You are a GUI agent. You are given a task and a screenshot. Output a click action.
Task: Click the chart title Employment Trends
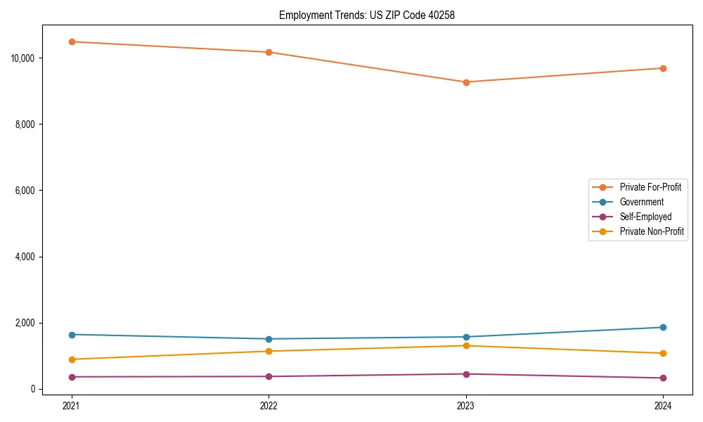point(366,15)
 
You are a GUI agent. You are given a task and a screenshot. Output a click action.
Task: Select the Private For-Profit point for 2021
point(71,41)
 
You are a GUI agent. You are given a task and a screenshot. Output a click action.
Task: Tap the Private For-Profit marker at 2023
point(466,82)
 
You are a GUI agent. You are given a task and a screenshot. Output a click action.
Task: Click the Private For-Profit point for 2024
point(663,68)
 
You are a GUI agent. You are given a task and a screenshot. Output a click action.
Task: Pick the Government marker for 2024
point(663,327)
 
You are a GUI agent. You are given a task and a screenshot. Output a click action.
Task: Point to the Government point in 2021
point(71,335)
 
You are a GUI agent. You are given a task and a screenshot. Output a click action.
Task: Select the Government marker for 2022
point(269,339)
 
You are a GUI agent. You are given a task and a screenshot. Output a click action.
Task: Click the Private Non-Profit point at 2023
point(466,345)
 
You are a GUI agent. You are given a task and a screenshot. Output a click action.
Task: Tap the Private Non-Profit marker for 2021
point(71,359)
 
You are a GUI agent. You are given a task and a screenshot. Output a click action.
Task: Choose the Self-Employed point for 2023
point(466,374)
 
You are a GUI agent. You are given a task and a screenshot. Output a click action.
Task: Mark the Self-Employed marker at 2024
point(663,378)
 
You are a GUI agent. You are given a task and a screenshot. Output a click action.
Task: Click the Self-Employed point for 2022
point(269,376)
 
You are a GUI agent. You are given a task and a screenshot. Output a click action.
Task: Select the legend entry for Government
point(641,202)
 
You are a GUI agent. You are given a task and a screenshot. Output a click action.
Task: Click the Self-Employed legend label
point(645,217)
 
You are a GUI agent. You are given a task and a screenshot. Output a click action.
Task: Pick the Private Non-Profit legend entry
point(652,231)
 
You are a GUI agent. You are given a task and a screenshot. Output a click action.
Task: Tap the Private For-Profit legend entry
point(650,187)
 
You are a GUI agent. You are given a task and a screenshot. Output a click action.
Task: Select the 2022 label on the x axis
point(269,405)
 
